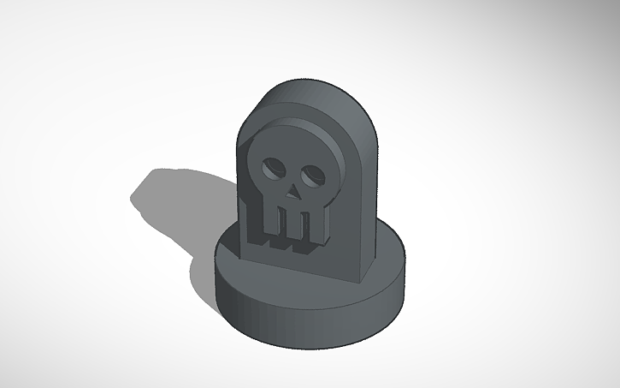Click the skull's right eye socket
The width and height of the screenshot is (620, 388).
coord(314,176)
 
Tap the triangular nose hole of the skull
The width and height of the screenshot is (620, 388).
coord(292,194)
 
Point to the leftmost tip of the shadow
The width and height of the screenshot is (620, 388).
coord(132,200)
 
